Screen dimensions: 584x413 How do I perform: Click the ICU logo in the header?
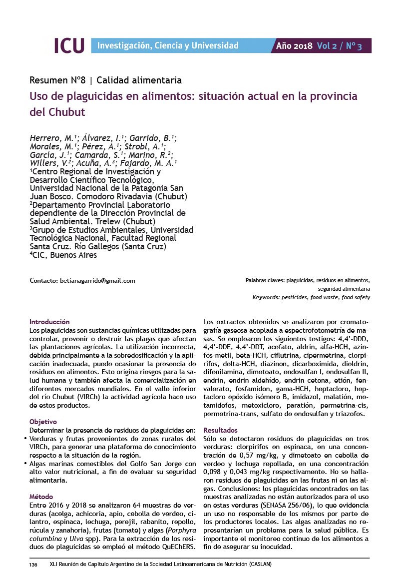tap(69, 45)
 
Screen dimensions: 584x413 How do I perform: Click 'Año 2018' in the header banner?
tap(294, 46)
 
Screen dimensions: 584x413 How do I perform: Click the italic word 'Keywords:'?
tap(266, 297)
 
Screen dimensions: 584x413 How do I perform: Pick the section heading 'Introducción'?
tap(49, 322)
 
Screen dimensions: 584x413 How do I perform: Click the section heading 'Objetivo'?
tap(43, 422)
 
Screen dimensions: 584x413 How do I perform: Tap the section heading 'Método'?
tap(41, 497)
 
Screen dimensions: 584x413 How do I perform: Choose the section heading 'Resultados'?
tap(220, 430)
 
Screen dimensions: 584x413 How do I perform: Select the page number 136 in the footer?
tap(33, 565)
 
